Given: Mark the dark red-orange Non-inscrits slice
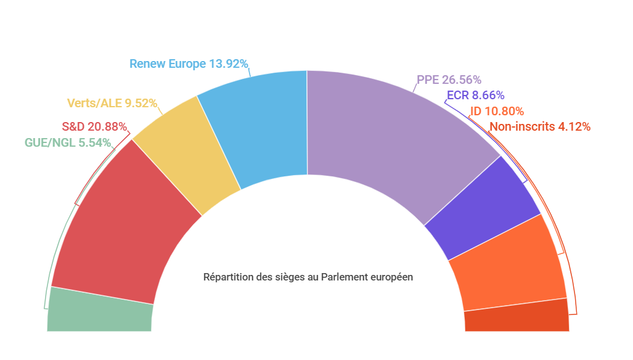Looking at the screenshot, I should click(517, 316).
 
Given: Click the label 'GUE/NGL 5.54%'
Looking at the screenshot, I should click(68, 143).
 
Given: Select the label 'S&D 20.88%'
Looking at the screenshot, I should click(95, 127).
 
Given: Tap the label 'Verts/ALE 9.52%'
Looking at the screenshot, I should click(112, 103).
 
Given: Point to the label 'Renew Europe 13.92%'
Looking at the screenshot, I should click(189, 64).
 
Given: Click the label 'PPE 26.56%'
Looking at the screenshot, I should click(449, 80).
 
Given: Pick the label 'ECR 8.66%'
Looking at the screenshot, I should click(475, 96).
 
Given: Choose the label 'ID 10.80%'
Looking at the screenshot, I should click(497, 112).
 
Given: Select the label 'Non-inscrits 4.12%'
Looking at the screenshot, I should click(540, 127).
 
